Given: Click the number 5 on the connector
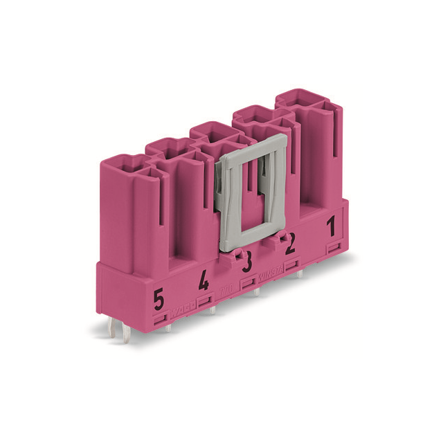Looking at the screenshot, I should tap(159, 300).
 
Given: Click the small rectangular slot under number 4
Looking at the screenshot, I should tap(204, 300).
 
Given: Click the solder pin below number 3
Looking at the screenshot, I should tap(257, 291).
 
